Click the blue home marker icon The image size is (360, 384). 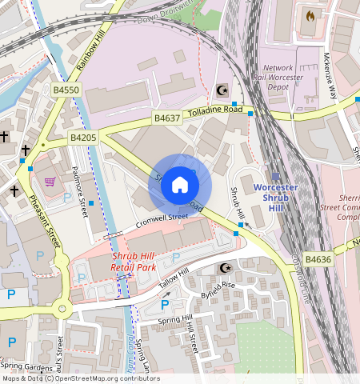tap(180, 186)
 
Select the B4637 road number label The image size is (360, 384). tap(167, 118)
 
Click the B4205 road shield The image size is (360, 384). tap(82, 138)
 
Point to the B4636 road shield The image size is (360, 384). tap(318, 259)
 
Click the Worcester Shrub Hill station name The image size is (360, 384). tap(275, 197)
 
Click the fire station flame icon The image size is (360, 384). tap(310, 15)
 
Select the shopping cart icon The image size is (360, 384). tap(50, 182)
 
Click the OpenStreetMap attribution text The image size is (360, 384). tap(80, 378)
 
